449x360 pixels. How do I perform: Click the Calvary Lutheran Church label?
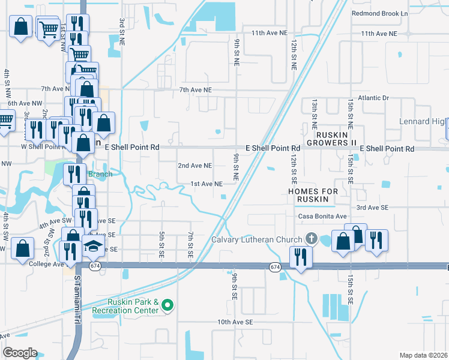click(256, 240)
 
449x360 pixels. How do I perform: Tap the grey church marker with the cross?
click(310, 239)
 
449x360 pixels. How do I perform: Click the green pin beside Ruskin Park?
click(169, 306)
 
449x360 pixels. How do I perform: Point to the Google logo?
click(20, 353)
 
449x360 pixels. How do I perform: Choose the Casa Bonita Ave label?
click(323, 216)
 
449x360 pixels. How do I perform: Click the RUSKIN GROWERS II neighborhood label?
click(327, 139)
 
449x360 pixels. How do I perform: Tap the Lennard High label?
click(423, 122)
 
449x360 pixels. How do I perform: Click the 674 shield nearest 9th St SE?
click(275, 266)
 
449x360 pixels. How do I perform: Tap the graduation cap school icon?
click(93, 245)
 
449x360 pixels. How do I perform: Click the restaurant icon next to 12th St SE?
click(300, 257)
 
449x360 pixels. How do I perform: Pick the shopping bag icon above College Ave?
click(22, 248)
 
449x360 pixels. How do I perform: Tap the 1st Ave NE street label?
click(206, 184)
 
